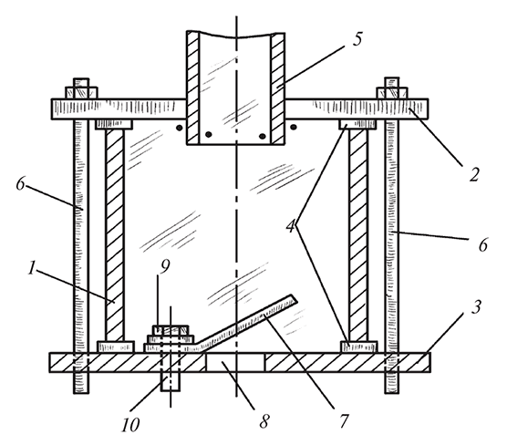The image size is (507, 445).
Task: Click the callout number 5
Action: [x=357, y=39]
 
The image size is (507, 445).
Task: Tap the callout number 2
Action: [x=473, y=175]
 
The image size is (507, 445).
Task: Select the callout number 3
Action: [x=476, y=307]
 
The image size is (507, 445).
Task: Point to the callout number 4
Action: [x=291, y=225]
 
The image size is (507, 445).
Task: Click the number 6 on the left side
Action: [x=21, y=184]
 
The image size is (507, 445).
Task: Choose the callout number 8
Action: [x=264, y=421]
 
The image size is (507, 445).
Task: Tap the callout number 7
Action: [x=344, y=420]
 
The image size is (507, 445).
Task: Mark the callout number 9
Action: [x=164, y=266]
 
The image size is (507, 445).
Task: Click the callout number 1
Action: [x=31, y=268]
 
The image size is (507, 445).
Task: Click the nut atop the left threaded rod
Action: [x=81, y=93]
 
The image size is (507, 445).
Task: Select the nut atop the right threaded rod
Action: [x=392, y=93]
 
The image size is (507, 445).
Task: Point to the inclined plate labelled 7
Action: [x=245, y=324]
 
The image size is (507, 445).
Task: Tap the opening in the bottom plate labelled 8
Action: [x=235, y=362]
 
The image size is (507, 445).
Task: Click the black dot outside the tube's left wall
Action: [x=179, y=128]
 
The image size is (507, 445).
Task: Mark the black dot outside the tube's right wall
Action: [x=294, y=127]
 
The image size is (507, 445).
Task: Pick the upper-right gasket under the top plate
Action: [x=357, y=124]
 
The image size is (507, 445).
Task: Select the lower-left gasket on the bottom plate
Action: [x=116, y=347]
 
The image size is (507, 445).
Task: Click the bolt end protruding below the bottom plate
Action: [x=171, y=381]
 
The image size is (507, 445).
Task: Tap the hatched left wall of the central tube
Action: [x=192, y=88]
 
